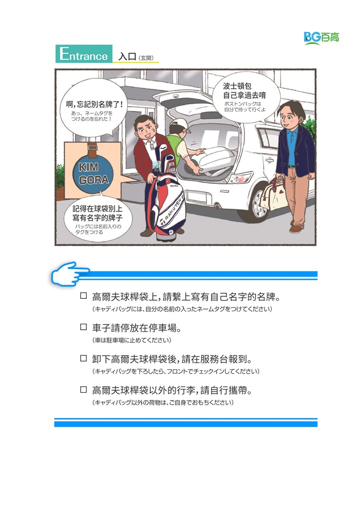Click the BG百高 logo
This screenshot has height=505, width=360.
coord(322,37)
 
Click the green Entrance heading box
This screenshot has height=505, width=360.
coord(84,53)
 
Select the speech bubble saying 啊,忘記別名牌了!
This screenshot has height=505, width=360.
coord(94,107)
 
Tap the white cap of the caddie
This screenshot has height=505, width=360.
coord(179,124)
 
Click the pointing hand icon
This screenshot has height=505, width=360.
coord(70,274)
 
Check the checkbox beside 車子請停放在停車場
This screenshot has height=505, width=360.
coord(83,327)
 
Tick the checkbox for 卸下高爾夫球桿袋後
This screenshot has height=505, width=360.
coord(83,358)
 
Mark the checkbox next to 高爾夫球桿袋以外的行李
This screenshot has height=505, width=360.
coord(83,390)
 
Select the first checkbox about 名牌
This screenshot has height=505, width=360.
coord(83,296)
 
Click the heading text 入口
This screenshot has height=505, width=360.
coord(127,56)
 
